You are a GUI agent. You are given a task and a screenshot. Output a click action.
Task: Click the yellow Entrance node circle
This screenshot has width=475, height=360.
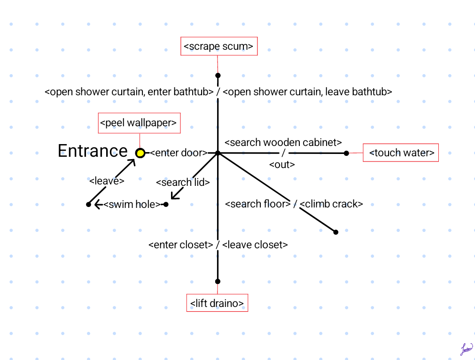click(140, 153)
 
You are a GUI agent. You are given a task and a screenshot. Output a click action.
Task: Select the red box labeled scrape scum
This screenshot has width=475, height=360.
click(219, 46)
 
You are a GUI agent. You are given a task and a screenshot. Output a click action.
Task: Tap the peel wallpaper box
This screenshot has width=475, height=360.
click(139, 123)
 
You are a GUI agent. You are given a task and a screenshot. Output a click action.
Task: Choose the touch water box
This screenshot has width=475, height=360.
click(400, 153)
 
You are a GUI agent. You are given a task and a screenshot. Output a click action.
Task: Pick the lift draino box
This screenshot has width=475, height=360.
click(217, 303)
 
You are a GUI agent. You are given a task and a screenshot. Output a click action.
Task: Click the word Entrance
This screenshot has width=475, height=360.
click(93, 151)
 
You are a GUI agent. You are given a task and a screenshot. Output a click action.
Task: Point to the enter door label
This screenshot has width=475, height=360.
click(179, 153)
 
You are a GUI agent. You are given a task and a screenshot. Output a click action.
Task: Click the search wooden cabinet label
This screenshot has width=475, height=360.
click(283, 142)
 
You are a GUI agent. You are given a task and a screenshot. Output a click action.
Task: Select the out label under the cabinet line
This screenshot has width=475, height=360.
click(282, 164)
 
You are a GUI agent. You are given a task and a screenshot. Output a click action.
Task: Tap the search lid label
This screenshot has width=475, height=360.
click(183, 182)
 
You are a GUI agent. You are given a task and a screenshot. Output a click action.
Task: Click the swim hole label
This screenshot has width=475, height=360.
click(132, 204)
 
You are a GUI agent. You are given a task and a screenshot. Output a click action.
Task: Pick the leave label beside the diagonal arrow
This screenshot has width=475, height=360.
click(107, 181)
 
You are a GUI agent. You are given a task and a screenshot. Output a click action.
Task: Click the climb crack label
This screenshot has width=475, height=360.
click(331, 204)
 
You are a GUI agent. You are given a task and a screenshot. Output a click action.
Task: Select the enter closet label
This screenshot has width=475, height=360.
click(181, 245)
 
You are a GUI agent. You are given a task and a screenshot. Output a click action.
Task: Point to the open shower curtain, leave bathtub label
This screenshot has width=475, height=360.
click(307, 92)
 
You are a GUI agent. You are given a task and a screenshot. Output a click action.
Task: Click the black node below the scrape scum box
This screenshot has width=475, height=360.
click(218, 76)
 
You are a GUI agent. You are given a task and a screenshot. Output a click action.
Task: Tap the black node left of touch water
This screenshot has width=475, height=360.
click(346, 153)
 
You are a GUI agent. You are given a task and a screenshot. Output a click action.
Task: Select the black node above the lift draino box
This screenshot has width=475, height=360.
click(218, 282)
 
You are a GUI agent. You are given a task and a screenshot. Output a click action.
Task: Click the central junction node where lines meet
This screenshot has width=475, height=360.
click(218, 153)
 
